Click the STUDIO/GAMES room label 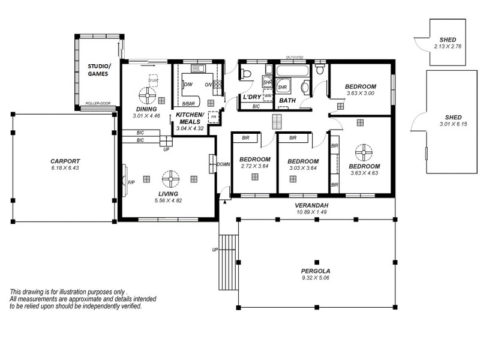[98, 70]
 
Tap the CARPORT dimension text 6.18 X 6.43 [65, 168]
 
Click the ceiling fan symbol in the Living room [170, 178]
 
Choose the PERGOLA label [316, 271]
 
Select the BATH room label [287, 100]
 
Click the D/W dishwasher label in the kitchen [188, 85]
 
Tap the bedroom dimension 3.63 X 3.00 [359, 94]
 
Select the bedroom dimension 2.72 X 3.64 [254, 166]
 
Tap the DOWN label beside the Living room [223, 164]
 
